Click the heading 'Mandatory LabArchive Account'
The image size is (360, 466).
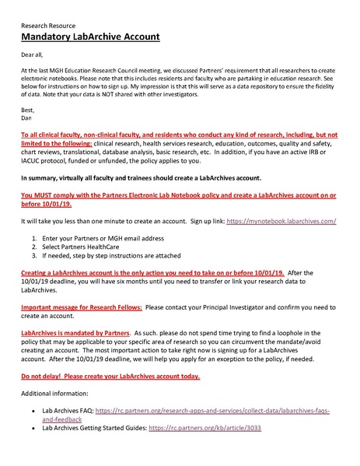coord(90,37)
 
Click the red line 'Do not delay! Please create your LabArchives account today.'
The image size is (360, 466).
coord(110,377)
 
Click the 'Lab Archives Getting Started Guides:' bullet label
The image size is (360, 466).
coord(97,428)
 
